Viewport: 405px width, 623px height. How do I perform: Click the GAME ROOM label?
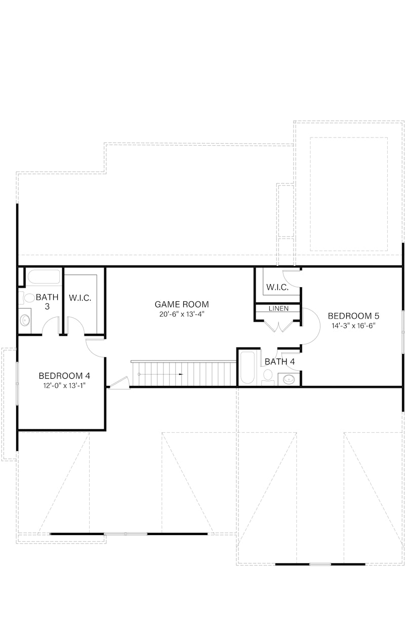(x=181, y=304)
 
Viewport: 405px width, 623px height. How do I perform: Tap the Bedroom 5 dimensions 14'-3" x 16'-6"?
(x=352, y=326)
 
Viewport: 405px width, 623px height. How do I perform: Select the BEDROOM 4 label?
(x=64, y=376)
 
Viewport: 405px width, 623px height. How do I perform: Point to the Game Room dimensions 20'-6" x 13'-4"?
(x=181, y=314)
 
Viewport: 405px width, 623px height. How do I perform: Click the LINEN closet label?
(x=278, y=308)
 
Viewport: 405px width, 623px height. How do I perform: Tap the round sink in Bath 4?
(x=289, y=379)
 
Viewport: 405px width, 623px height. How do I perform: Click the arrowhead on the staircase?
(x=181, y=374)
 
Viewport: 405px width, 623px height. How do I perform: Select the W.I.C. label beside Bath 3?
(x=80, y=298)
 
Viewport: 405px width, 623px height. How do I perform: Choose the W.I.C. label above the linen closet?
(x=277, y=287)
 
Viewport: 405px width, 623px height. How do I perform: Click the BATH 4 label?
(x=276, y=362)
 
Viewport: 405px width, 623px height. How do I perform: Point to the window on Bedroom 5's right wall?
(x=403, y=331)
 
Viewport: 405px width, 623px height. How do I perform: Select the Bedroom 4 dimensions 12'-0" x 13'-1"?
(x=64, y=386)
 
